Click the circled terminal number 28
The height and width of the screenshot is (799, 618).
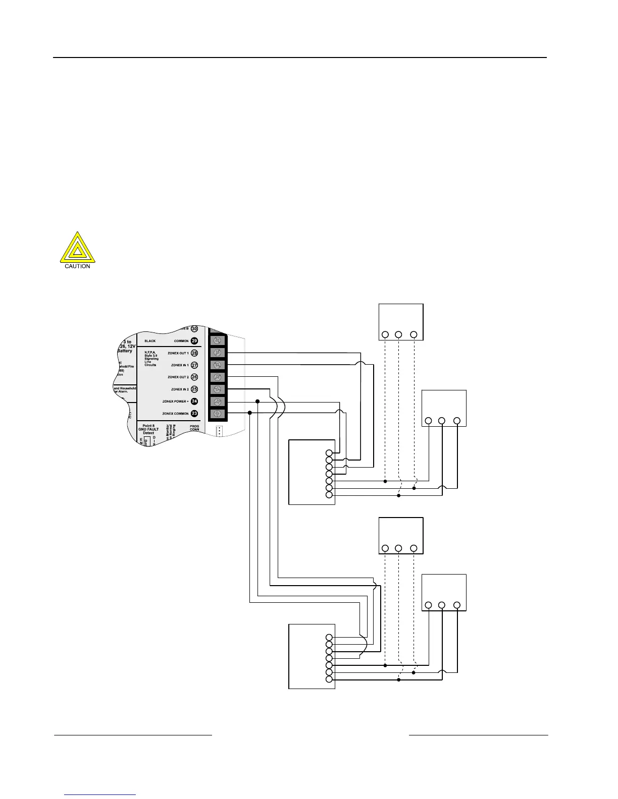pyautogui.click(x=194, y=353)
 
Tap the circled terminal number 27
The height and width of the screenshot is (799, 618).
pyautogui.click(x=194, y=365)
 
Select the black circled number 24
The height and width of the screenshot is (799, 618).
pyautogui.click(x=194, y=402)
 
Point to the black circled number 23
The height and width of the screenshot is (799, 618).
pyautogui.click(x=194, y=414)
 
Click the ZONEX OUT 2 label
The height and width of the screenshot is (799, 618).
pyautogui.click(x=178, y=377)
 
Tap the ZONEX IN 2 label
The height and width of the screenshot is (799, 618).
pyautogui.click(x=180, y=389)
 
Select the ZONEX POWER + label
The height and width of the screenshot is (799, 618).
pyautogui.click(x=175, y=402)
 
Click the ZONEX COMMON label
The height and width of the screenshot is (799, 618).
pyautogui.click(x=175, y=414)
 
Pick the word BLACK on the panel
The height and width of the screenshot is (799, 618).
pyautogui.click(x=150, y=341)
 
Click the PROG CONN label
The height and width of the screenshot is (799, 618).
pyautogui.click(x=194, y=428)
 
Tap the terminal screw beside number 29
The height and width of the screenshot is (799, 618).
pyautogui.click(x=218, y=340)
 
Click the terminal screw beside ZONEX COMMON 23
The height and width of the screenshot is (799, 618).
pyautogui.click(x=218, y=414)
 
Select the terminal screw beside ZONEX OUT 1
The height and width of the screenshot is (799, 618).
pyautogui.click(x=218, y=353)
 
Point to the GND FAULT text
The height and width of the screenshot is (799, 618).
pyautogui.click(x=148, y=429)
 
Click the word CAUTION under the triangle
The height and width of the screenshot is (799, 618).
pyautogui.click(x=77, y=266)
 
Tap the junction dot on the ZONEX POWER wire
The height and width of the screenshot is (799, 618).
pyautogui.click(x=257, y=402)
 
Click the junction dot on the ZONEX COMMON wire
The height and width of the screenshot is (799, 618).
pyautogui.click(x=249, y=413)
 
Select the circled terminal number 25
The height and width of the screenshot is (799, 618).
pyautogui.click(x=194, y=389)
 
